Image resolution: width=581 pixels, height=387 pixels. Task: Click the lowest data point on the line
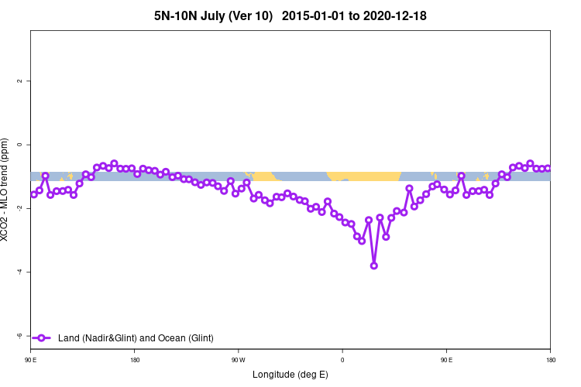(374, 265)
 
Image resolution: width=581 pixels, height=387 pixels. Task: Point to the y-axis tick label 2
(20, 81)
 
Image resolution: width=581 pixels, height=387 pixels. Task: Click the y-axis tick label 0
(20, 145)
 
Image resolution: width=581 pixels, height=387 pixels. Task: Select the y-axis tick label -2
(20, 208)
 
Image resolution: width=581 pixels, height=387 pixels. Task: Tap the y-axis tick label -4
(20, 272)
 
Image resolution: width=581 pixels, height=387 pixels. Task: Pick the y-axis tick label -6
(20, 335)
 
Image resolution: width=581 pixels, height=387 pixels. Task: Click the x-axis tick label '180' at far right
(550, 361)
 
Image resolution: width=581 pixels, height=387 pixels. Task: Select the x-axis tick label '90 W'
(238, 361)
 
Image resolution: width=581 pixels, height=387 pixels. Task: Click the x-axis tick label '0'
(342, 361)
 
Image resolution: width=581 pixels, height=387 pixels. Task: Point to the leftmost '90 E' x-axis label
(30, 361)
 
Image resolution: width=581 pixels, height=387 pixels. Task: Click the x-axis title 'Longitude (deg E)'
(290, 375)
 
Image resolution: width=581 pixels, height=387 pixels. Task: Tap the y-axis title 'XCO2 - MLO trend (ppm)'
(7, 190)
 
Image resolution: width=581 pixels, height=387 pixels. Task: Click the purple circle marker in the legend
(42, 337)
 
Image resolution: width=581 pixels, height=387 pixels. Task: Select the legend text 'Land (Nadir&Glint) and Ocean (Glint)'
(136, 338)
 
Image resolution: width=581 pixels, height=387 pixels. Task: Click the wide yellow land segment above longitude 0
(364, 176)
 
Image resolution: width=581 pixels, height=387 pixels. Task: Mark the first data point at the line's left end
(33, 194)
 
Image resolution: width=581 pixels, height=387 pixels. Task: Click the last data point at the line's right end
(548, 168)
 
